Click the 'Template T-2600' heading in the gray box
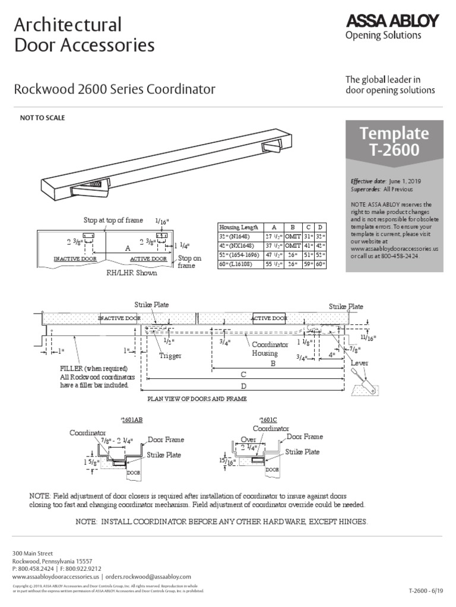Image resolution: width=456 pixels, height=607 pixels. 394,140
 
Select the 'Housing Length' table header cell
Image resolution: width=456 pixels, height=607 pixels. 239,227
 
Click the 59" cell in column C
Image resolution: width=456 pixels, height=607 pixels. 308,263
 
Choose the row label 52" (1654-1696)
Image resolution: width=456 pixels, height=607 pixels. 239,254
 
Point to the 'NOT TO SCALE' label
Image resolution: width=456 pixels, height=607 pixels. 43,118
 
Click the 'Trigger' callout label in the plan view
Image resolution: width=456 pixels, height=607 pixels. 169,356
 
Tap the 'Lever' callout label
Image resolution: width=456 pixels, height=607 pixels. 360,363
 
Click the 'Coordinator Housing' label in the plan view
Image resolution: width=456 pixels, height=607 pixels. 270,349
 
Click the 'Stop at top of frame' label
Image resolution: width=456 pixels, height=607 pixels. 113,221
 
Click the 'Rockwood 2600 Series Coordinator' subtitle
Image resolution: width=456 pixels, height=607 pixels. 115,90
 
